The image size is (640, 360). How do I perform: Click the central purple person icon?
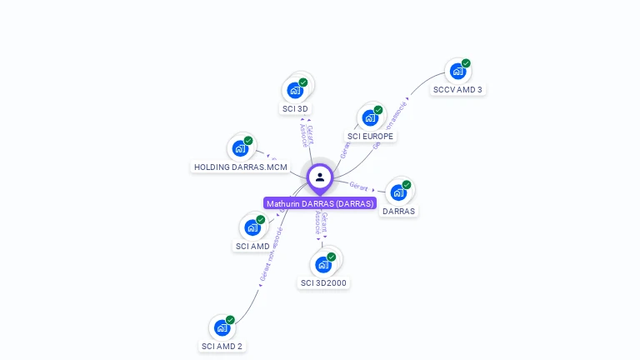tap(320, 177)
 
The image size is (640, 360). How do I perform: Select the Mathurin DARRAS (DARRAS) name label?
tap(320, 203)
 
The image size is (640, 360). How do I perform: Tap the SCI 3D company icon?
tap(295, 90)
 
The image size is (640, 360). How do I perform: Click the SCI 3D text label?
tap(296, 108)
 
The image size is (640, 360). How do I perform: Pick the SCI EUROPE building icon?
tap(370, 117)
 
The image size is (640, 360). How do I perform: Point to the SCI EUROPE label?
tap(371, 136)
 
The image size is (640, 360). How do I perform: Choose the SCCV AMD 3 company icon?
tap(457, 71)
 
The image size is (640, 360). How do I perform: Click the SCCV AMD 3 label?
tap(457, 89)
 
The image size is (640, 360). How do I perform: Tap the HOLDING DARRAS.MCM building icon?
tap(240, 148)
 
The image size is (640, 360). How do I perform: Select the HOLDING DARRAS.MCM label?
tap(241, 167)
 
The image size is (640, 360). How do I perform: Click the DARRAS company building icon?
tap(398, 192)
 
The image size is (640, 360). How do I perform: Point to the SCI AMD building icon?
tap(252, 227)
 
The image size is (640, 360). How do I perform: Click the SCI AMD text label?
tap(252, 246)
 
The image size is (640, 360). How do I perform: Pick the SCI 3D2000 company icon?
tap(323, 264)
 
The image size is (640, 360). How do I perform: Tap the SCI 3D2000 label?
tap(323, 282)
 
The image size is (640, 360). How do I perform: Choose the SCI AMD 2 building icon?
tap(222, 327)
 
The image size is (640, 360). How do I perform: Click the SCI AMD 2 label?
tap(222, 346)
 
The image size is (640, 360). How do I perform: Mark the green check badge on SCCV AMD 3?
tap(466, 63)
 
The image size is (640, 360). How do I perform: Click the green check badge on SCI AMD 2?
tap(230, 320)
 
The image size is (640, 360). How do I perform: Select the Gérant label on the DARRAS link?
tap(358, 186)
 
